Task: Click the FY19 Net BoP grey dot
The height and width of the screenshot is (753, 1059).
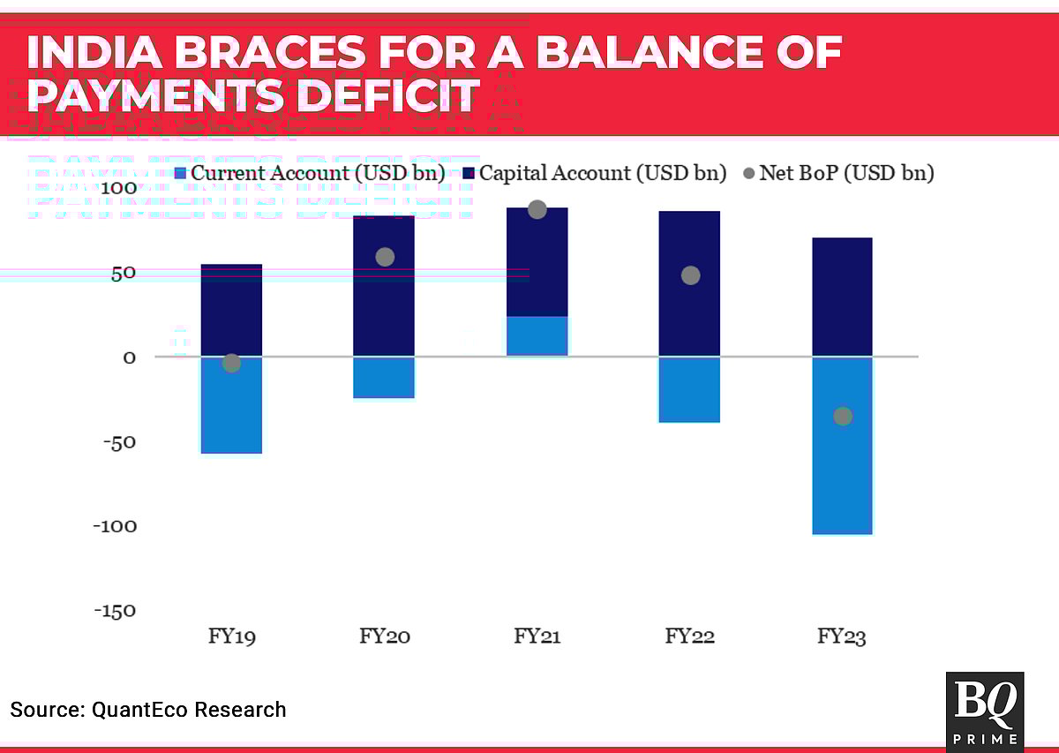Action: pos(232,363)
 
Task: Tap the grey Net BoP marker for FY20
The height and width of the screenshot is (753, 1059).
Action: pos(385,257)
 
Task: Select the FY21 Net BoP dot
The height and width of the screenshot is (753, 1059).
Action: pos(537,209)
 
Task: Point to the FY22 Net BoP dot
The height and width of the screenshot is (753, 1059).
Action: pos(690,275)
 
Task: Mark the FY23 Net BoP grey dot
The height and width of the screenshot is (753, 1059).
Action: pos(843,416)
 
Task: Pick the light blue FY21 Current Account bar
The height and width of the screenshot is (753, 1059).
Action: pos(537,336)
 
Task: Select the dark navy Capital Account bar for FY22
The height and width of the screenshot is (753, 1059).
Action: pos(690,282)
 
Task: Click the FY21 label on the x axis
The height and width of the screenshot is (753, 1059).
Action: pos(537,636)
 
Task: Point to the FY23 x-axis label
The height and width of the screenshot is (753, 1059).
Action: pos(842,636)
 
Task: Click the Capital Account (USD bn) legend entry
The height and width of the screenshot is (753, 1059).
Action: pos(593,173)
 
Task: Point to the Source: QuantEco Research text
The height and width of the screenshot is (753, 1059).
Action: pos(148,710)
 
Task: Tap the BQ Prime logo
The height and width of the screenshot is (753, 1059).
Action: pos(984,712)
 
